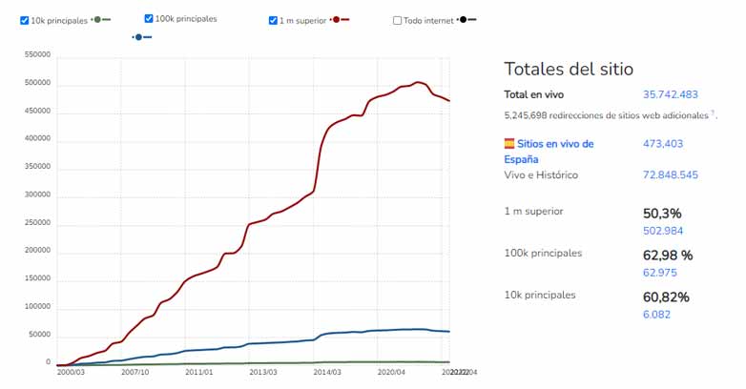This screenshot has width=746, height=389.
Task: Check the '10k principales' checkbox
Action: (x=25, y=20)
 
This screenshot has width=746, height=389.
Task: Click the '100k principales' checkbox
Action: (x=149, y=19)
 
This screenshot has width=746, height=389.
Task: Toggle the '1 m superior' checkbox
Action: (x=274, y=20)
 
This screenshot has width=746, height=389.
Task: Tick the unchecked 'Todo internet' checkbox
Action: (x=397, y=20)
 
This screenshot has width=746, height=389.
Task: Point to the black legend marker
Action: (x=466, y=20)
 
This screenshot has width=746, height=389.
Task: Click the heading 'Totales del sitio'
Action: (x=569, y=69)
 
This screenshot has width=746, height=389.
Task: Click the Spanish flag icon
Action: (x=509, y=144)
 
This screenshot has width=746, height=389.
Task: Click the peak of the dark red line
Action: (x=418, y=82)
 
